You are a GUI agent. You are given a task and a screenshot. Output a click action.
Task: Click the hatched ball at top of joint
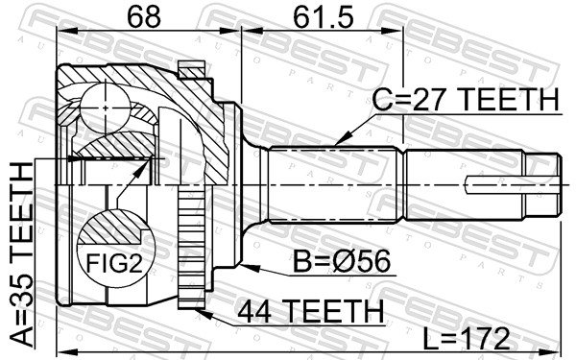click(x=100, y=102)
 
